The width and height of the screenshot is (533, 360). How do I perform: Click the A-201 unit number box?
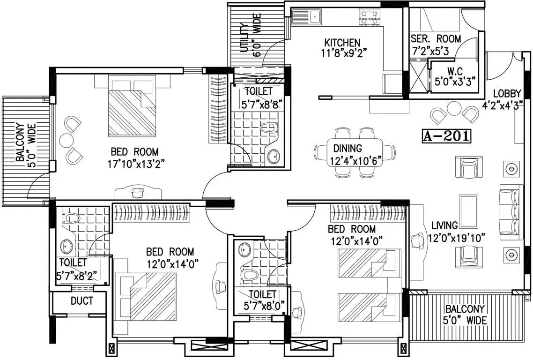447,136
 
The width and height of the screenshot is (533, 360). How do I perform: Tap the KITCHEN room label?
342,43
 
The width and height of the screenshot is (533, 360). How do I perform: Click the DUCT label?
82,301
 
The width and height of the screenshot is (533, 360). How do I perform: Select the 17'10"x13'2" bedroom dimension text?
136,165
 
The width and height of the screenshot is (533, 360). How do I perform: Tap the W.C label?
454,71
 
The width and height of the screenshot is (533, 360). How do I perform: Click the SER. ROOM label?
436,38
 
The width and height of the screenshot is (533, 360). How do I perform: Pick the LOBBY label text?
507,93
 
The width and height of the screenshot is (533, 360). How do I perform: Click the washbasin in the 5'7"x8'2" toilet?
67,245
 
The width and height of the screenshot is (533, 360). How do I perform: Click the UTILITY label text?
244,38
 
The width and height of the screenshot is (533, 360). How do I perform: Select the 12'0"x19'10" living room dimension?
457,238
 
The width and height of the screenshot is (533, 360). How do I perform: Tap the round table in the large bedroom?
67,140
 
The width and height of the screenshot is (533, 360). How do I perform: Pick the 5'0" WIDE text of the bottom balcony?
465,320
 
